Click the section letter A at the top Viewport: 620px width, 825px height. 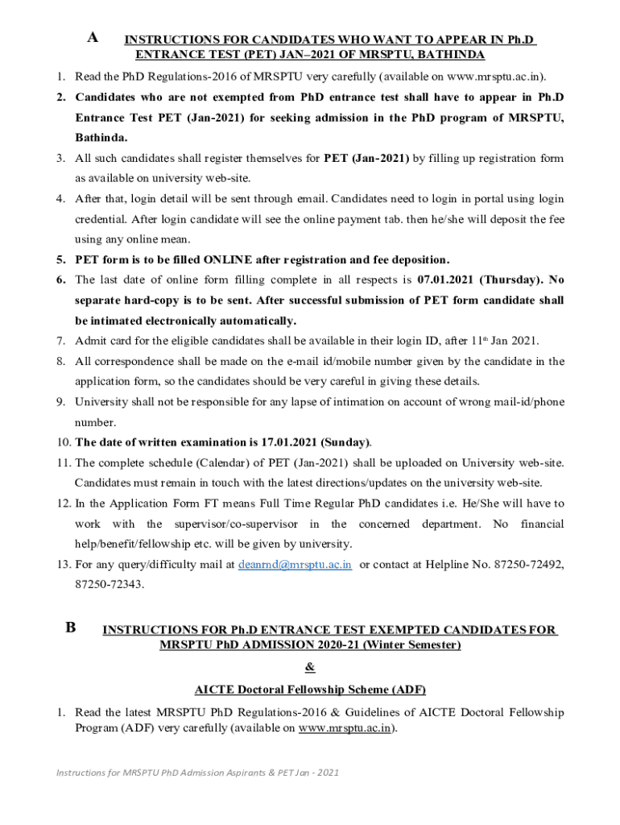coord(93,38)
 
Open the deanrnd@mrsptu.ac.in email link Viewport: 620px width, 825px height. coord(296,565)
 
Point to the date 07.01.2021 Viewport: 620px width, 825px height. coord(446,280)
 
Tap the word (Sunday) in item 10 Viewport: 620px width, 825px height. coord(345,442)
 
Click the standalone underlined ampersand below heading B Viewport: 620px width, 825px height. coord(310,667)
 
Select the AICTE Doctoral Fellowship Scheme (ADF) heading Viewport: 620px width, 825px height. coord(310,690)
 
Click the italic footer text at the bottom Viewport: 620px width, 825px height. coord(197,773)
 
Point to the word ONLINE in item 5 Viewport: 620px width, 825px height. coord(228,259)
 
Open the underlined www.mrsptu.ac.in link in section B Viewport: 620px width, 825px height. coord(345,728)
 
